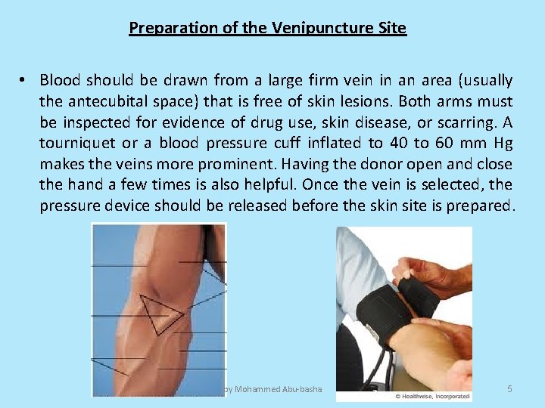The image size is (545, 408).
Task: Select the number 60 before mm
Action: (443, 144)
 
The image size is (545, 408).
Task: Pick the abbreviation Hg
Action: (502, 144)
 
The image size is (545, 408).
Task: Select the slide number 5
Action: (509, 389)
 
